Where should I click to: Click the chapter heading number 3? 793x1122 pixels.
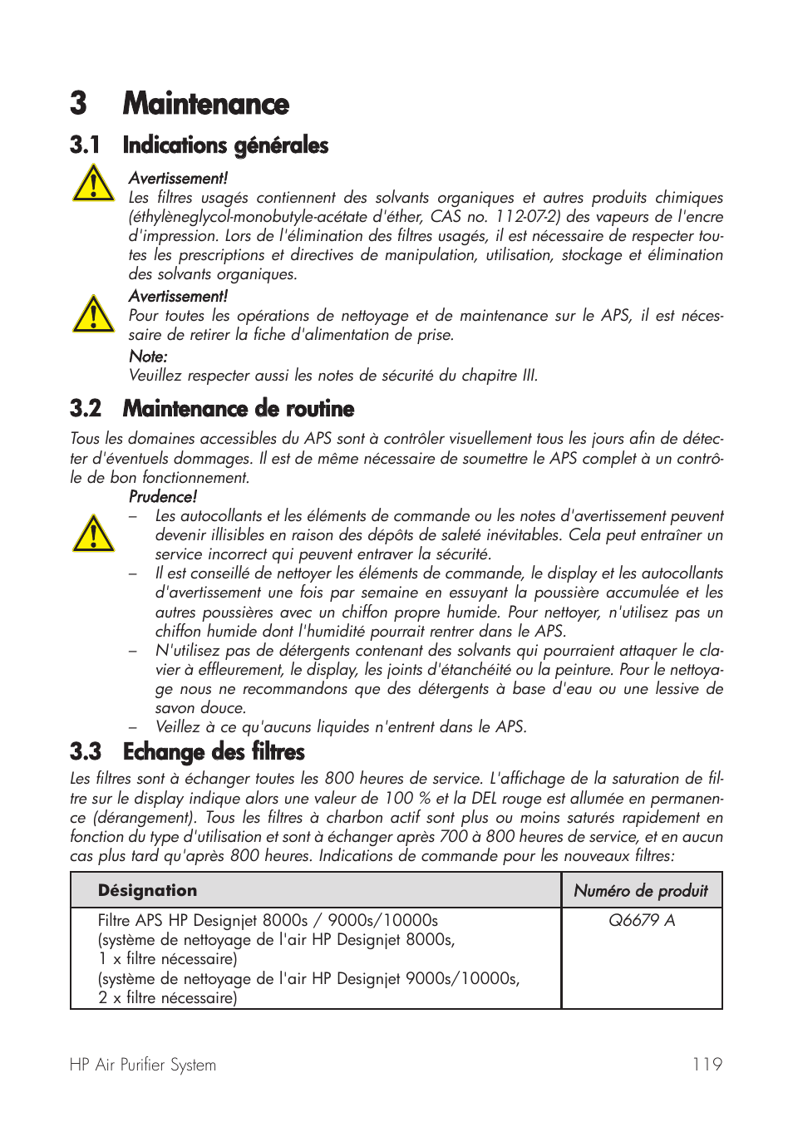[x=79, y=104]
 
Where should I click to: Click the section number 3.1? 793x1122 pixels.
[x=85, y=145]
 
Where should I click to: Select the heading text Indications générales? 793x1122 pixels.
[x=225, y=145]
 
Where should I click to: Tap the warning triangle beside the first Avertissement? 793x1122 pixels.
[x=93, y=184]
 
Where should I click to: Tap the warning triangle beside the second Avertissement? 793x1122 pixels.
[x=93, y=314]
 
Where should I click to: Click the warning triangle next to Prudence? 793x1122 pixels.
[x=93, y=534]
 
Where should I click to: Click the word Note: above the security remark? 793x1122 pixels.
[x=148, y=357]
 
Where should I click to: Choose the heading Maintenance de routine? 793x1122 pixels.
[x=239, y=409]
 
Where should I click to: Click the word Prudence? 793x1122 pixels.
[x=163, y=497]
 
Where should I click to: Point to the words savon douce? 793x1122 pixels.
[x=200, y=708]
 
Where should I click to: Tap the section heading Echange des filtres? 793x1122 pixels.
[x=214, y=752]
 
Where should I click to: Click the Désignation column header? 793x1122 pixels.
[x=147, y=891]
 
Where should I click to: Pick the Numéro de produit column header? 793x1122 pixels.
[x=641, y=891]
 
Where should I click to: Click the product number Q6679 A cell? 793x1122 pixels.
[x=642, y=921]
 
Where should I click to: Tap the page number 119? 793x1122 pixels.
[x=707, y=1065]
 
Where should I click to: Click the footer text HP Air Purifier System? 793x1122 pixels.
[x=143, y=1065]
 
